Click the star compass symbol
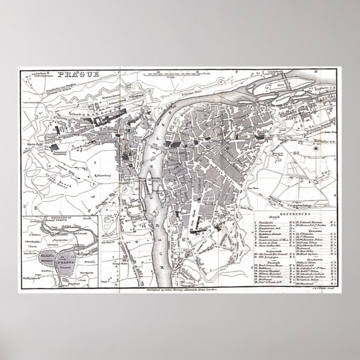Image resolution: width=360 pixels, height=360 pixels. coord(316,148)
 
